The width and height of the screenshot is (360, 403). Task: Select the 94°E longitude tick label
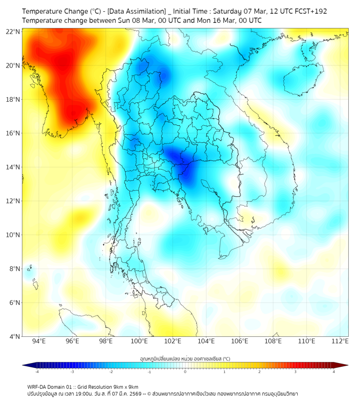point(39,341)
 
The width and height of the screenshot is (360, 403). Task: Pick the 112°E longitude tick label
point(340,341)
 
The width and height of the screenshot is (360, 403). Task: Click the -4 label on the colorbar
point(36,372)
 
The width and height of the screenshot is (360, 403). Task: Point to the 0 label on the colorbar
point(185,372)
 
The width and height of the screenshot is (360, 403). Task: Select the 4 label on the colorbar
point(334,372)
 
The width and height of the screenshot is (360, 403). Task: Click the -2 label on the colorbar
point(111,372)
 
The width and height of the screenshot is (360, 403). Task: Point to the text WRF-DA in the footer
point(38,386)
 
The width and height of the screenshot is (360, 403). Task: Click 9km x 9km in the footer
point(123,386)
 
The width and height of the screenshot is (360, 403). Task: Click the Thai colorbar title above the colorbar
point(185,359)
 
